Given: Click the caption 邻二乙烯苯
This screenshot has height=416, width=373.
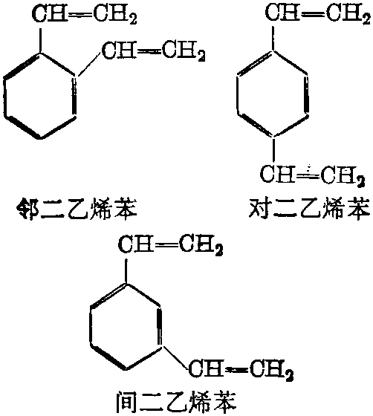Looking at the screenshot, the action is [77, 209].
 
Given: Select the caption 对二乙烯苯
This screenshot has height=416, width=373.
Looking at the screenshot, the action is [309, 209].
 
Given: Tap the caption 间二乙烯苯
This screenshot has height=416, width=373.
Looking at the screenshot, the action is [176, 403].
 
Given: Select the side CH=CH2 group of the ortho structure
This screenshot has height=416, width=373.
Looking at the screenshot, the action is [153, 51].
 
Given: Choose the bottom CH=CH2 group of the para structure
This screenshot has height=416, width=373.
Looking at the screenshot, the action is [313, 175].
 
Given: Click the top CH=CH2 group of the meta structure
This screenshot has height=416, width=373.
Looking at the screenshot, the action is [171, 244].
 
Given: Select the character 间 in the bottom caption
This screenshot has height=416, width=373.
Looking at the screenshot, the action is [128, 403].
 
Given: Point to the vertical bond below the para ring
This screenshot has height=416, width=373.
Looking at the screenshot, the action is [273, 151].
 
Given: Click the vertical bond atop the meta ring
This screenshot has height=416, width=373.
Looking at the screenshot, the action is [126, 271].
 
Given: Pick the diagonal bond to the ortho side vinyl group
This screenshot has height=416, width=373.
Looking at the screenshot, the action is [88, 64].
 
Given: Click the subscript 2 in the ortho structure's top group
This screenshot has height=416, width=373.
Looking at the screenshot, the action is [134, 20].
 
